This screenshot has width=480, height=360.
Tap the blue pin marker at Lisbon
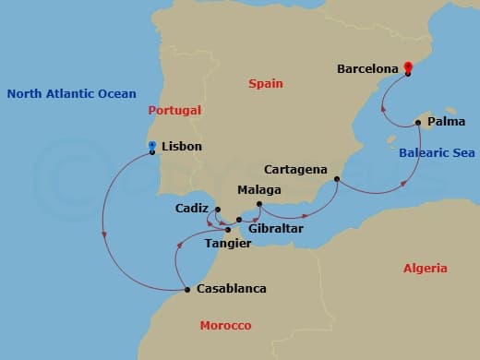pyautogui.click(x=152, y=146)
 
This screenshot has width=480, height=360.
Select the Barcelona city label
pyautogui.click(x=367, y=68)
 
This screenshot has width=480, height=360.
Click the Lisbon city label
pyautogui.click(x=181, y=147)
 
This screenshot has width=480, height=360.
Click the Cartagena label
pyautogui.click(x=294, y=170)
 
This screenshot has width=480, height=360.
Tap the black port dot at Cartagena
pyautogui.click(x=337, y=179)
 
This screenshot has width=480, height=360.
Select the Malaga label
pyautogui.click(x=259, y=190)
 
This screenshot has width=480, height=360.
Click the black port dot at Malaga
pyautogui.click(x=259, y=204)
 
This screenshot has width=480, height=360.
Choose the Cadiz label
pyautogui.click(x=192, y=209)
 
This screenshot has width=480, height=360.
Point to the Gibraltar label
pyautogui.click(x=275, y=227)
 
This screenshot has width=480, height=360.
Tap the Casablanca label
pyautogui.click(x=231, y=289)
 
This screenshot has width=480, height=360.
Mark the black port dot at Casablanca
pyautogui.click(x=187, y=290)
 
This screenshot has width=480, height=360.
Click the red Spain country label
pyautogui.click(x=266, y=84)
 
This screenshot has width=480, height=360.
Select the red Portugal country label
pyautogui.click(x=175, y=111)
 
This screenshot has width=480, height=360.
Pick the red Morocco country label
pyautogui.click(x=226, y=326)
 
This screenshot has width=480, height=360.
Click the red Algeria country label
pyautogui.click(x=426, y=269)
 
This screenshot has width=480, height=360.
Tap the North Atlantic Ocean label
pyautogui.click(x=71, y=93)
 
